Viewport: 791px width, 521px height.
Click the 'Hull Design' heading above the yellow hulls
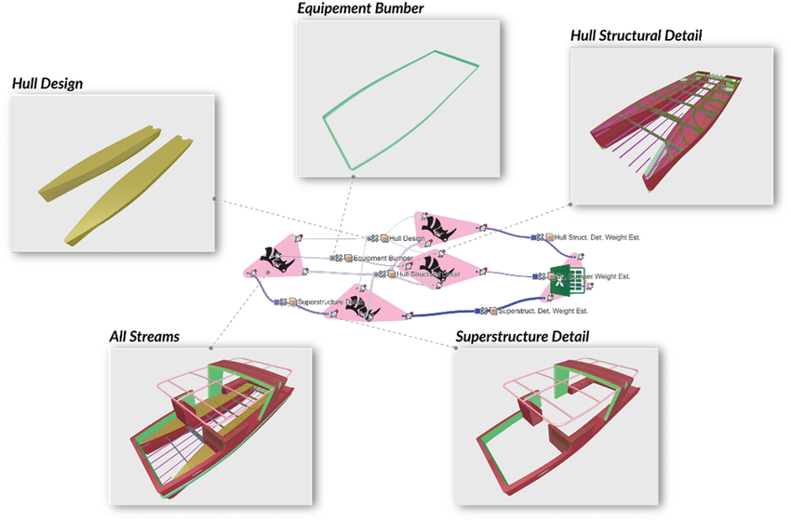pyautogui.click(x=47, y=84)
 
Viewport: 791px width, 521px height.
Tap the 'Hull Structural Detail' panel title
pyautogui.click(x=636, y=36)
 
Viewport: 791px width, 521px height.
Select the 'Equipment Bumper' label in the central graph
pyautogui.click(x=382, y=258)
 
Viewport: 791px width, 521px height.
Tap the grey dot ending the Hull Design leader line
pyautogui.click(x=215, y=198)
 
